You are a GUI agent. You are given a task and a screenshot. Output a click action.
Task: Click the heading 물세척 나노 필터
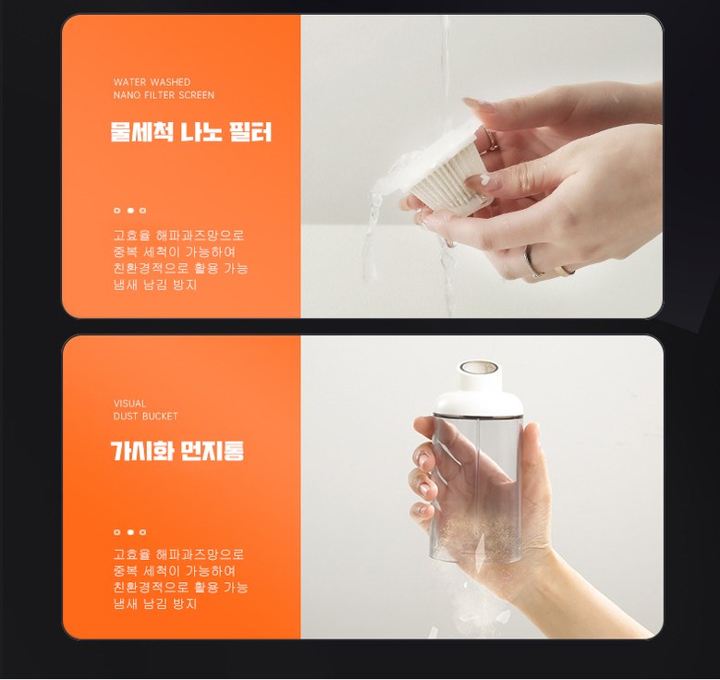pos(190,132)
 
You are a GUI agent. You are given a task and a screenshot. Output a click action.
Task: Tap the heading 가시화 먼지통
pos(177,451)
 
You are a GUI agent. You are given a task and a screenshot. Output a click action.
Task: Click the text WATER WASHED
pos(152,82)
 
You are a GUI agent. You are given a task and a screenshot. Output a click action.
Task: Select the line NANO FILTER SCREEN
pos(164,95)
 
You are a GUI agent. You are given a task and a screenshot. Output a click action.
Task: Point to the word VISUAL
pos(130,403)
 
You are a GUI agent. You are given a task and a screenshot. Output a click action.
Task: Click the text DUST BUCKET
pos(145,416)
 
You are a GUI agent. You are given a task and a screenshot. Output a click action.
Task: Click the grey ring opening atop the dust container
pos(479,367)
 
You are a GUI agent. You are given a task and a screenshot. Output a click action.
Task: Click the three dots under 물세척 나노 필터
pos(130,211)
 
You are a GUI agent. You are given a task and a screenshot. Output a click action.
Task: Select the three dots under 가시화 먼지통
pos(130,532)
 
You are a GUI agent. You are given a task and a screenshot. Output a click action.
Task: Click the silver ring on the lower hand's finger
pos(532,261)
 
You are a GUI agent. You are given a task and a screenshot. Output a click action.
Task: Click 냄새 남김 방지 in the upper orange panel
pos(155,285)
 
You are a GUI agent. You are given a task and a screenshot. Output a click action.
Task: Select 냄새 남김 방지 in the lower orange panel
pos(155,603)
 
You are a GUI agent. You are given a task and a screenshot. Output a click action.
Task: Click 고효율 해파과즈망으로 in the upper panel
pos(178,235)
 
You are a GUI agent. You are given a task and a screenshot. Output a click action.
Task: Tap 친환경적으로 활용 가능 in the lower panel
pos(180,587)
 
